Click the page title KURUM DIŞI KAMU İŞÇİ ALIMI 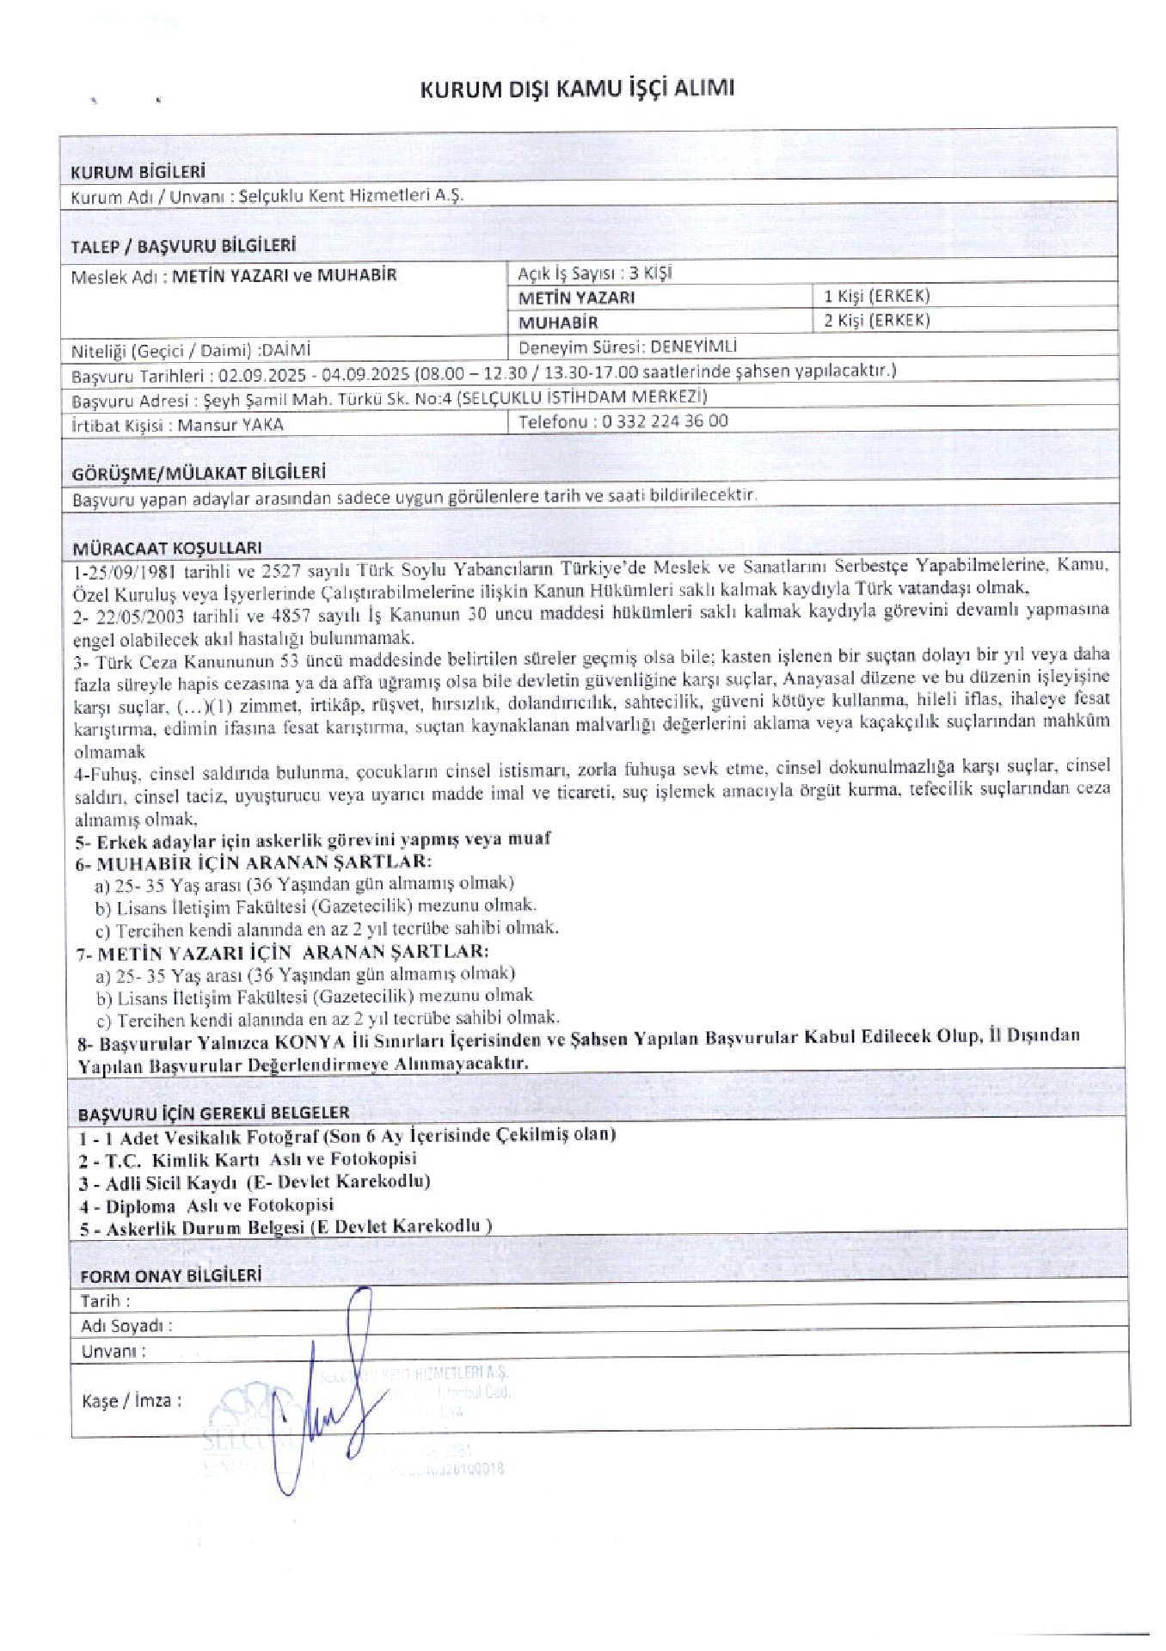pos(577,89)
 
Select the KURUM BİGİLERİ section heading pos(138,171)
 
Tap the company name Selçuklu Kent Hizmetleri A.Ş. pos(351,195)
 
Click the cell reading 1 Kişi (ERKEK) pos(876,296)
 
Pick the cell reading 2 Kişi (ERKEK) pos(876,320)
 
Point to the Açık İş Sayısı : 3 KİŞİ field pos(594,273)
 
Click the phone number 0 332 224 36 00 pos(665,420)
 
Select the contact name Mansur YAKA pos(230,425)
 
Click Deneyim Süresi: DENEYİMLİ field pos(628,347)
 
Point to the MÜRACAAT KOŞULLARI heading pos(167,547)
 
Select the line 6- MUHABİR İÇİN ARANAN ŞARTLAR pos(253,862)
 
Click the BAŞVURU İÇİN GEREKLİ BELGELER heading pos(213,1114)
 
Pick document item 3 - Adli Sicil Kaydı pos(255,1181)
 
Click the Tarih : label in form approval pos(105,1300)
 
